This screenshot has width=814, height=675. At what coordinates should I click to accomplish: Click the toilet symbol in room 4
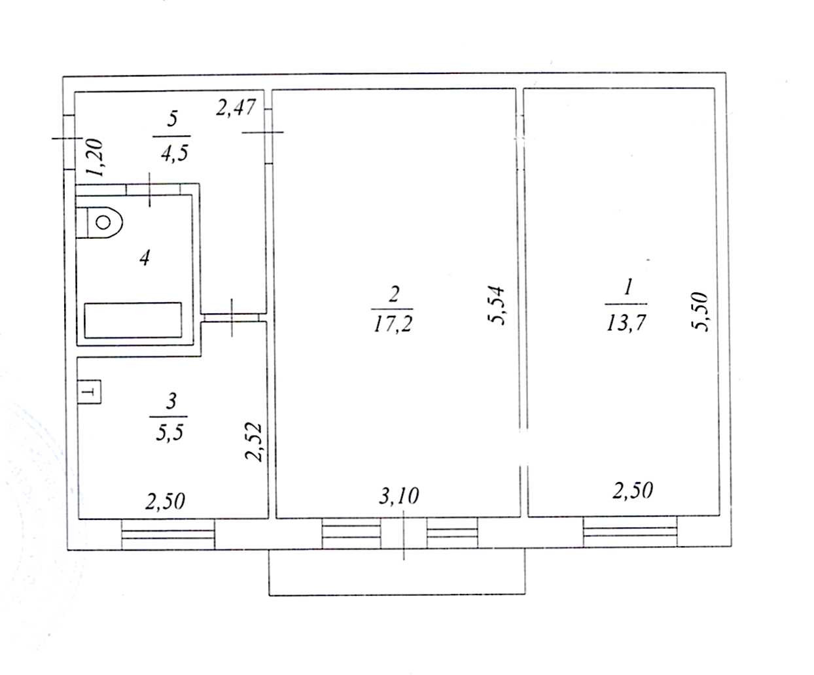point(100,223)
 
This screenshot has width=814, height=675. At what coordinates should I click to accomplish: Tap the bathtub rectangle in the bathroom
point(133,320)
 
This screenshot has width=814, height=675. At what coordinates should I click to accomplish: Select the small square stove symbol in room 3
point(89,392)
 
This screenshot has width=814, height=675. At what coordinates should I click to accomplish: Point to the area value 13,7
point(626,323)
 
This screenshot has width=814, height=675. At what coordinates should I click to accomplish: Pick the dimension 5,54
point(496,305)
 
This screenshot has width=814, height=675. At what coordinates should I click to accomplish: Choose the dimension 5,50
point(699,312)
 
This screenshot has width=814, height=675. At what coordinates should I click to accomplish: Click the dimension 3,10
point(398,496)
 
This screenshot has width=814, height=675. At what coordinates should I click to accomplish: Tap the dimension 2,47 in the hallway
point(236,107)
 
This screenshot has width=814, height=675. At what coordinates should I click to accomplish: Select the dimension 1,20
point(94,158)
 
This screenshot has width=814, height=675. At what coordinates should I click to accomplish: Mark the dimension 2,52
point(254,442)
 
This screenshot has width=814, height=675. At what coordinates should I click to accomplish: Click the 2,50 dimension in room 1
point(632,491)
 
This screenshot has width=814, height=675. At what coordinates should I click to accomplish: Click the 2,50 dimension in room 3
point(165,502)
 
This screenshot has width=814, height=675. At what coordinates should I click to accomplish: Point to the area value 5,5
point(169,432)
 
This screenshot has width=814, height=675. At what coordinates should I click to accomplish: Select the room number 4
point(145,258)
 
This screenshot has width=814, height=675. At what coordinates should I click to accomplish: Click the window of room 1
point(630,531)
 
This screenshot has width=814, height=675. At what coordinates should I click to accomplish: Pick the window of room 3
point(168,534)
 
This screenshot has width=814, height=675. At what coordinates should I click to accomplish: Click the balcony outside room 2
point(397,572)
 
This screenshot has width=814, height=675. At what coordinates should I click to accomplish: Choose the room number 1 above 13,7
point(628,288)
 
